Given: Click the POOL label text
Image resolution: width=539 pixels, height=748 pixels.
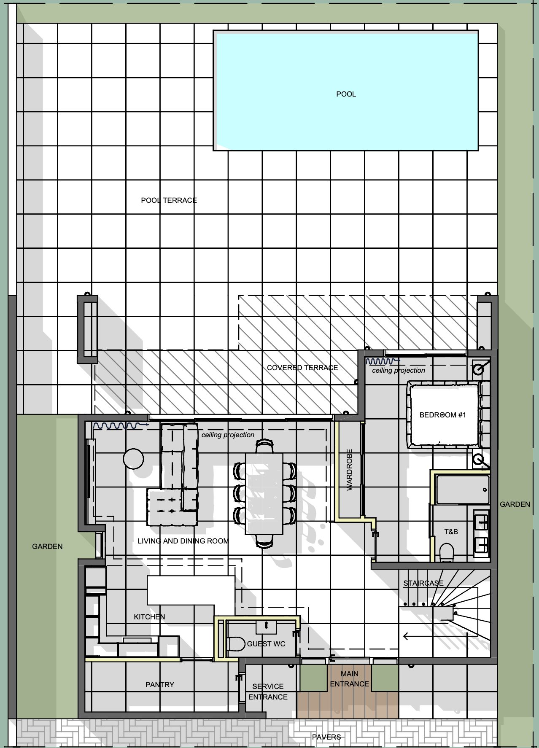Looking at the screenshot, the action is (x=346, y=94).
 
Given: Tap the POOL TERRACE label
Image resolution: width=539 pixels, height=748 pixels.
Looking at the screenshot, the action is (x=169, y=200).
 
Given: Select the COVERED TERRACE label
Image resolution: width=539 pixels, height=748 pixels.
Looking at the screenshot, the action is (x=302, y=368).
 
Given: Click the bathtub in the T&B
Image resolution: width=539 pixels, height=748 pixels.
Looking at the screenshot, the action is (x=463, y=490).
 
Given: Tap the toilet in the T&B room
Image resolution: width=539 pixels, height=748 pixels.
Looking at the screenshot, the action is (x=447, y=552).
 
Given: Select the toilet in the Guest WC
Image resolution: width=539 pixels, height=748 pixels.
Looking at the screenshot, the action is (x=236, y=644).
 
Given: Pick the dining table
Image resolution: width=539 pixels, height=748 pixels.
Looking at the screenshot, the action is (x=264, y=493).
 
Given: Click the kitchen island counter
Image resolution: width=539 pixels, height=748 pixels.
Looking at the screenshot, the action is (x=191, y=590).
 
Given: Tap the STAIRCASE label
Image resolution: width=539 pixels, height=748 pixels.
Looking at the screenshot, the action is (x=423, y=583).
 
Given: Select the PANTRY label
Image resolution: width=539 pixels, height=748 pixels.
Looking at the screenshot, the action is (x=160, y=685).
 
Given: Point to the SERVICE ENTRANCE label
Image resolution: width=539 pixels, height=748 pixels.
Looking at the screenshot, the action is (x=268, y=692).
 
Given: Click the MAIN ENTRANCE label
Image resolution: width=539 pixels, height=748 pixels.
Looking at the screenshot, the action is (x=350, y=679).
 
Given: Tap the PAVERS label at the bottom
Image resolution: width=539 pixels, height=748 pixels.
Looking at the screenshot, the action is (x=326, y=737).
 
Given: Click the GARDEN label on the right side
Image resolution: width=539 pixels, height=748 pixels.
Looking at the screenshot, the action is (x=515, y=504).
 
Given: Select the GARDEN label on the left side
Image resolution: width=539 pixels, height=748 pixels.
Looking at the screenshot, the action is (x=47, y=546).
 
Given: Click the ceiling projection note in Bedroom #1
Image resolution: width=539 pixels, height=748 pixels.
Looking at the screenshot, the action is (x=399, y=371).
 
